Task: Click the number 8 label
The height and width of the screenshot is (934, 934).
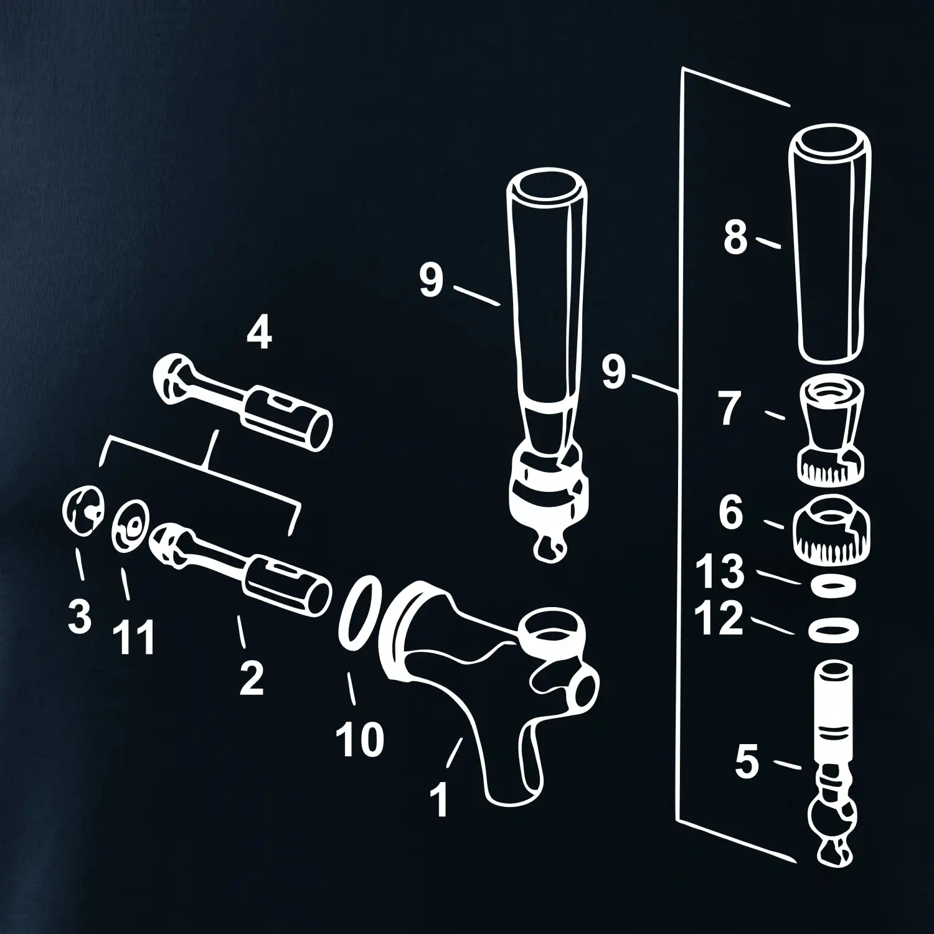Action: click(x=735, y=238)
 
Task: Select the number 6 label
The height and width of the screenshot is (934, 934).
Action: click(x=731, y=514)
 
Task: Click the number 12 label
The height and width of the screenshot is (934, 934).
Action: click(x=720, y=619)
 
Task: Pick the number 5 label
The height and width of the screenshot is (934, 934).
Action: click(x=747, y=763)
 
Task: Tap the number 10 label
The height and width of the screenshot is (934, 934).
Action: click(x=360, y=739)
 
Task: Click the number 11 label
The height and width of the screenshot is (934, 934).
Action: click(x=133, y=638)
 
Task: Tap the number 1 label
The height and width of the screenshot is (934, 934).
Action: click(x=440, y=800)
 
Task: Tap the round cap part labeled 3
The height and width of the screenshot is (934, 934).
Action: click(x=83, y=512)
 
